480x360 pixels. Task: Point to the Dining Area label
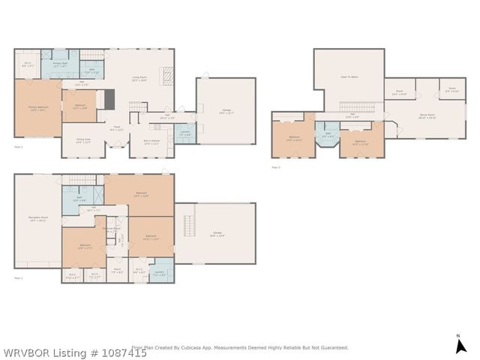82,141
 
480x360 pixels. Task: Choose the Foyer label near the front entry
116,128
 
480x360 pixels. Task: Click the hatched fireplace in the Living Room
169,74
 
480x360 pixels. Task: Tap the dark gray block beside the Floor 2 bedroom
109,99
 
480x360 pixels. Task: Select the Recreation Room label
37,220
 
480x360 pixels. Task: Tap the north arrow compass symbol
458,344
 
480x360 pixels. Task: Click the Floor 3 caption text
276,167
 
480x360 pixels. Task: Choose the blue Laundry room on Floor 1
159,273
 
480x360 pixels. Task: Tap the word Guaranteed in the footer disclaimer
331,348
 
